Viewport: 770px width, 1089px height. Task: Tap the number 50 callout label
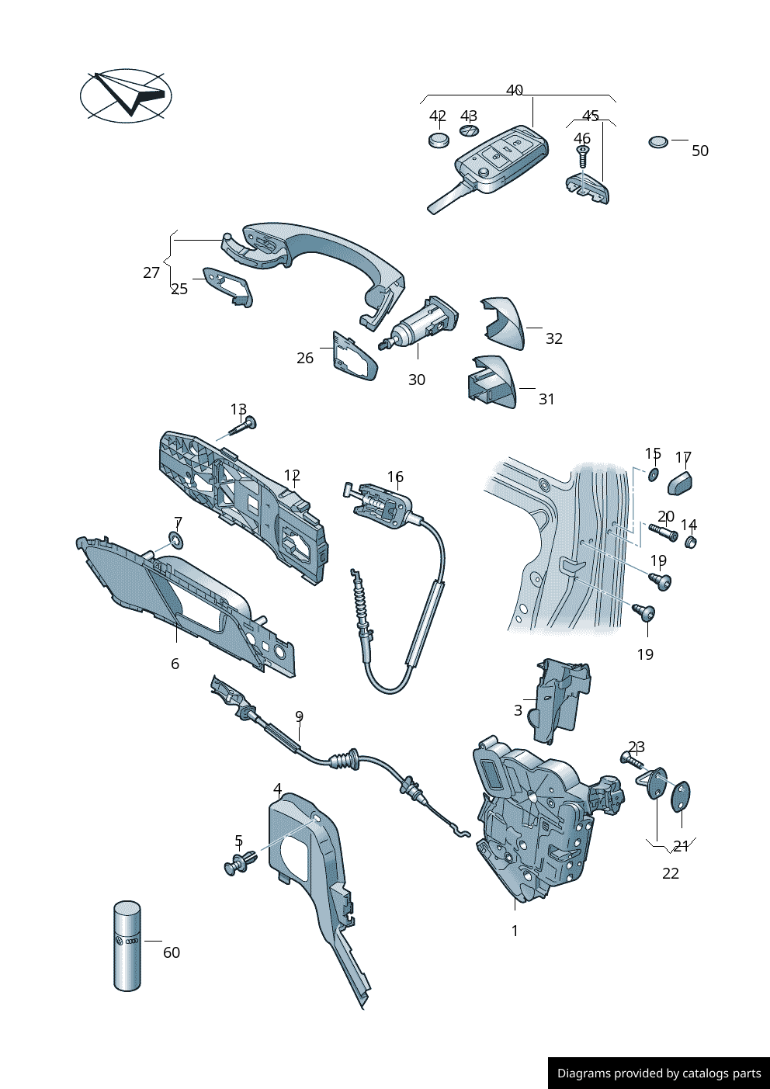[700, 151]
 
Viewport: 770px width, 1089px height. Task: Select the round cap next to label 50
[658, 142]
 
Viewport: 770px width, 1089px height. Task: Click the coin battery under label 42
[439, 140]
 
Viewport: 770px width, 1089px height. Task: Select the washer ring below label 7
[178, 540]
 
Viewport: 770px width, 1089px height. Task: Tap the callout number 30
[417, 380]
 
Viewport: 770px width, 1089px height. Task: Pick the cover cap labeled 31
[492, 382]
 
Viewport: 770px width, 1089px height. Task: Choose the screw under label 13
[243, 425]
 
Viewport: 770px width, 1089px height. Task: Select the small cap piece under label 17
[680, 482]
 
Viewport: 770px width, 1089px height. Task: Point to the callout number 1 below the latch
[515, 931]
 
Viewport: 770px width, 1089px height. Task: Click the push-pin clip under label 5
[240, 863]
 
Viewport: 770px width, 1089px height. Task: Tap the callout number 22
[671, 873]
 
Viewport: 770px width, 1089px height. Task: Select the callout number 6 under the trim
[175, 664]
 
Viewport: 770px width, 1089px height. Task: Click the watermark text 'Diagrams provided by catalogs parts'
[659, 1073]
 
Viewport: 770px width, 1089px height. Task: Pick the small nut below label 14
[691, 541]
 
